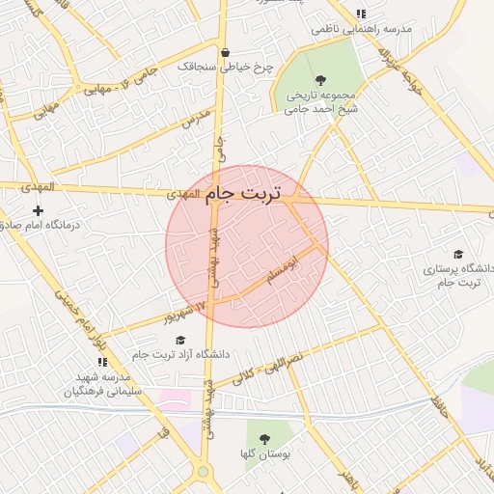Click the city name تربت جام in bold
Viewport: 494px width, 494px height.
(242, 194)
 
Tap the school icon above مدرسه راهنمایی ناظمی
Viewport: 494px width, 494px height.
(361, 14)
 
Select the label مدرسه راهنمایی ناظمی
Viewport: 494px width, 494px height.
(362, 30)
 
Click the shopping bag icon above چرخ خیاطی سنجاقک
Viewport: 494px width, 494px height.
(225, 52)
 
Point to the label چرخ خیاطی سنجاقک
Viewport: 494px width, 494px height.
(226, 68)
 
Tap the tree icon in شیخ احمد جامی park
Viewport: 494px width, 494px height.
(320, 80)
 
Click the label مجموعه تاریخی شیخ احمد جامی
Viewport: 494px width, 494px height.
(320, 102)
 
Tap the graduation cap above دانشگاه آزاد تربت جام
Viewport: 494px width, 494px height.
(179, 340)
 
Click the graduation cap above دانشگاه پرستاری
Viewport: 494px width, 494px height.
(457, 253)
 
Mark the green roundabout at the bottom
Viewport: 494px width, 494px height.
(203, 472)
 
